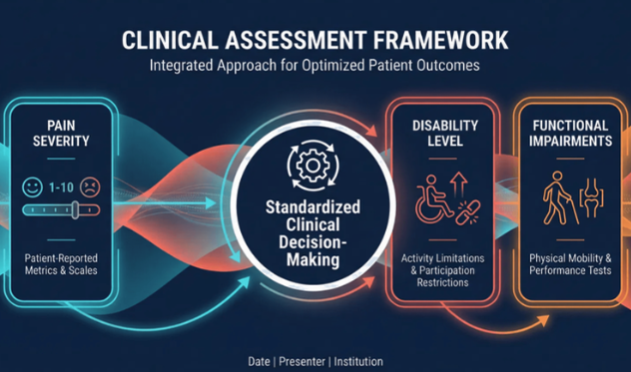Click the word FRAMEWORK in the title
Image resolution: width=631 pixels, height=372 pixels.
pos(426,42)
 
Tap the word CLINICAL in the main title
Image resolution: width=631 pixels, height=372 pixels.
pos(178,42)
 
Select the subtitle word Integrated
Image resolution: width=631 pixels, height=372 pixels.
pos(186,69)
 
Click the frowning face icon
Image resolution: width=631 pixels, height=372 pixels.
pos(90,186)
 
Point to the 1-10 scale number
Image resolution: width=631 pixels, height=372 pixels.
pos(62,186)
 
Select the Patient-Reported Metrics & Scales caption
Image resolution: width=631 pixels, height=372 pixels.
pos(62,264)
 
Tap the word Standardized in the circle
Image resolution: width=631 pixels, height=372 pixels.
pos(314,208)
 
